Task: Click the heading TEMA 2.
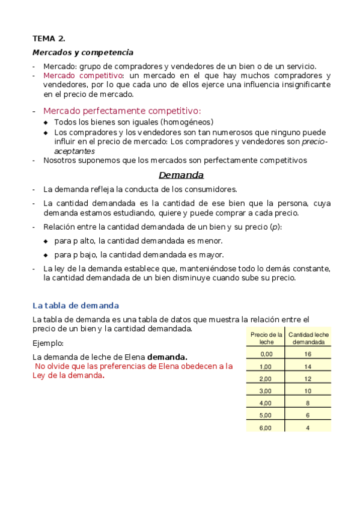[49, 38]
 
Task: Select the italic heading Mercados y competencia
[83, 53]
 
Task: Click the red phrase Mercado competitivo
[83, 76]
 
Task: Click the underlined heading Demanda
[181, 175]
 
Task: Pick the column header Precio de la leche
[266, 338]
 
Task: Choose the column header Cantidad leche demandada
[308, 338]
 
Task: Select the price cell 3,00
[266, 391]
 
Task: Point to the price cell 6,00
[266, 428]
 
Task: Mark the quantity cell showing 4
[308, 428]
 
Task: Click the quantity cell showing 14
[308, 366]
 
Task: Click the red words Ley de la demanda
[67, 375]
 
